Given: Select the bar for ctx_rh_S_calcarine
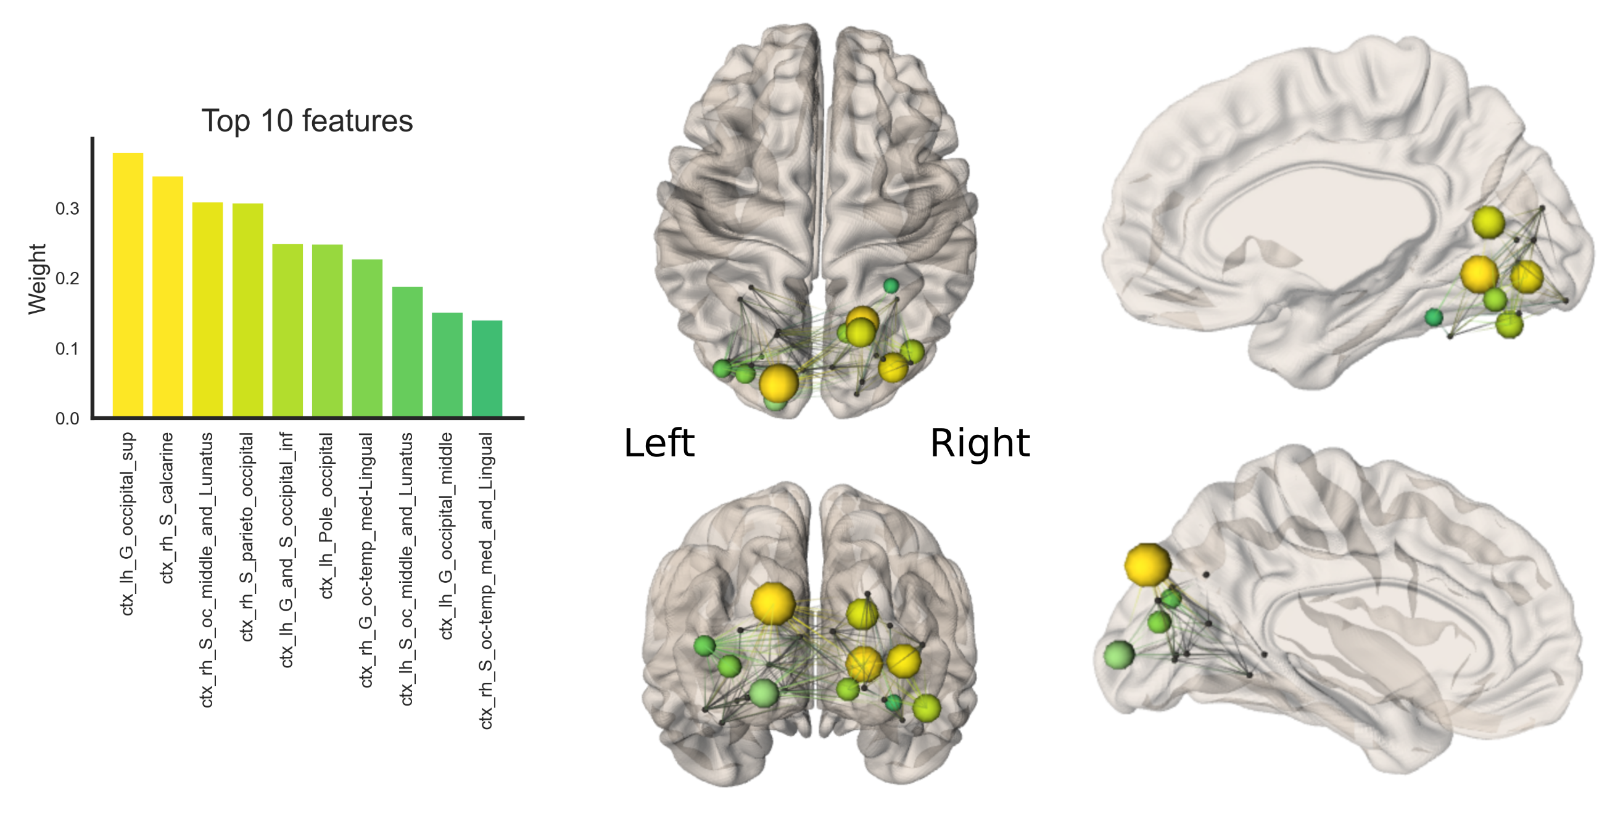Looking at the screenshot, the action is (168, 296).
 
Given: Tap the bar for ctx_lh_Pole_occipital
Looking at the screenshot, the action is (327, 330).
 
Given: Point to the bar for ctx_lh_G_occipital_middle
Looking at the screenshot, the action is (447, 364).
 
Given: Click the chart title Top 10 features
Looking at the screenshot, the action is (307, 120).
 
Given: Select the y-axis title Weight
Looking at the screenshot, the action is (37, 279).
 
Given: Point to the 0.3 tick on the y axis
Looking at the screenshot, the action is (67, 208).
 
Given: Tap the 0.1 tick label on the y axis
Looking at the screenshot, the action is (67, 348).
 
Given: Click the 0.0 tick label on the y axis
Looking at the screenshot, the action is (67, 418).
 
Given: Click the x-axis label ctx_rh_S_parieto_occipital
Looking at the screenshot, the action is (247, 537).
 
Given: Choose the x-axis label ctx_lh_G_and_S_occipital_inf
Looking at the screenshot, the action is (287, 550).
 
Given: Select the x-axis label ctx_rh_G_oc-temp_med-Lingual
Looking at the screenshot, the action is (366, 559).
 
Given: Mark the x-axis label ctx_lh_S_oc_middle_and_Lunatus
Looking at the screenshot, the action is (407, 569).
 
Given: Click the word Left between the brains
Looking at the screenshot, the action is (659, 442).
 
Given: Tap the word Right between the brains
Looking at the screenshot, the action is (980, 442).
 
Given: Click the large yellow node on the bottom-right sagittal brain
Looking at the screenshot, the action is (1147, 564).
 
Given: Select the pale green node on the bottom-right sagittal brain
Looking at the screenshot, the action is (1120, 654).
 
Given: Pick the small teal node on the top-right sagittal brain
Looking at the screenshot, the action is (1434, 317).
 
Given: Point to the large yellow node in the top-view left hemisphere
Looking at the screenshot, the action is (778, 382).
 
